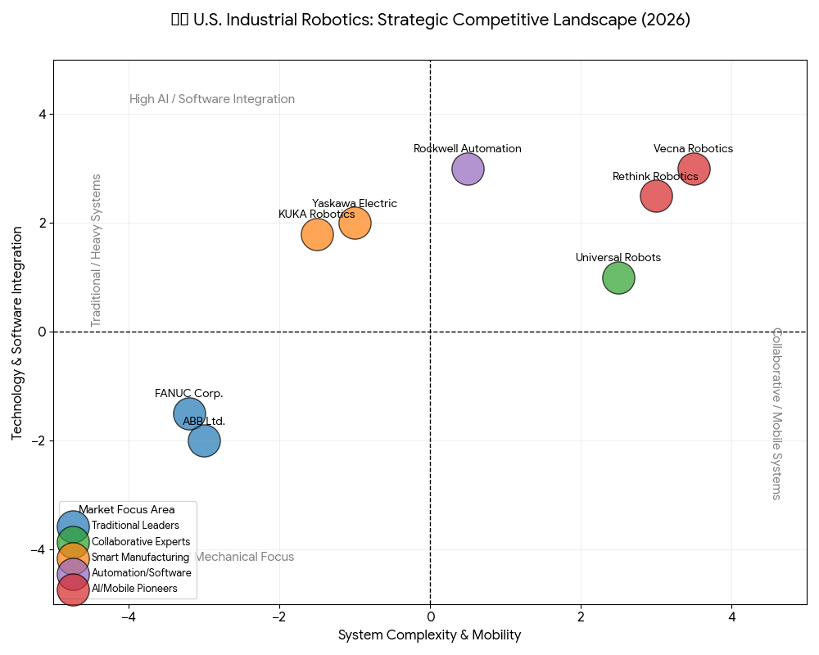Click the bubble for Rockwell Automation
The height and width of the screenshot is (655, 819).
coord(468,169)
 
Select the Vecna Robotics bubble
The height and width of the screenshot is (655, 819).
coord(694,169)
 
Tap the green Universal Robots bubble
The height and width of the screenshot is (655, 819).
coord(618,278)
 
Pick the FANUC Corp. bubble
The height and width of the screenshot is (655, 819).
coord(189,413)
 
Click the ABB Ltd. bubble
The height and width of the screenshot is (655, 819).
coord(204,440)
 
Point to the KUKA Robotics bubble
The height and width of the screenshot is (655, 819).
coord(317,235)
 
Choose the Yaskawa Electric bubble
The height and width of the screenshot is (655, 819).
coord(355,223)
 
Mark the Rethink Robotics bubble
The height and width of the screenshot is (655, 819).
coord(656,196)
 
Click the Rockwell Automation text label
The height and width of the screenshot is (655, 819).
coord(468,149)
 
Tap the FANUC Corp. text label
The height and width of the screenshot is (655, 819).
coord(189,394)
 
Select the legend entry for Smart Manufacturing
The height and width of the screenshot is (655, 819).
coord(140,558)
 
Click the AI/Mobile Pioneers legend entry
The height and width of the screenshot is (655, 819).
coord(134,589)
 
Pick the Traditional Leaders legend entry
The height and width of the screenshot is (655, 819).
coord(135,526)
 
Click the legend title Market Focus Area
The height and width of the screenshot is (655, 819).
coord(127,510)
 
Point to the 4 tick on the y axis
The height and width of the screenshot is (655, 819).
coord(41,115)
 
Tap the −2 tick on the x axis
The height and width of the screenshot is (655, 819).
coord(279,616)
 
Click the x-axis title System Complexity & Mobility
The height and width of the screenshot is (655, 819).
coord(430,635)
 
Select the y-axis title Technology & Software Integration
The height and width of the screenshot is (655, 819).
coord(17,332)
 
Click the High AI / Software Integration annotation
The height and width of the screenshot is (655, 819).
coord(212,100)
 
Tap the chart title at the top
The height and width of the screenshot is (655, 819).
coord(431,20)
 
